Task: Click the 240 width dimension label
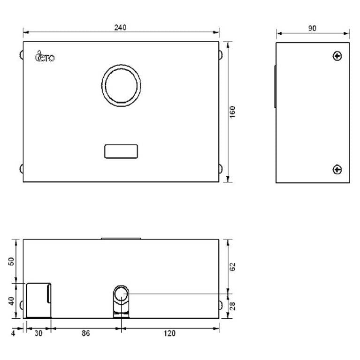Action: click(x=121, y=28)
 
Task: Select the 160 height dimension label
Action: click(x=233, y=112)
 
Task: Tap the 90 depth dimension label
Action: click(x=312, y=29)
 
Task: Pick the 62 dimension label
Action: click(x=233, y=266)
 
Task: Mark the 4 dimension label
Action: click(x=14, y=333)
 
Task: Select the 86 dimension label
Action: click(x=85, y=333)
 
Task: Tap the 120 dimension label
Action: click(x=169, y=333)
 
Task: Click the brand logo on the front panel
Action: click(x=45, y=57)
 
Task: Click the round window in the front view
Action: click(x=122, y=86)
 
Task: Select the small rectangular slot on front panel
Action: click(x=121, y=151)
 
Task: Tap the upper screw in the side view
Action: click(x=337, y=57)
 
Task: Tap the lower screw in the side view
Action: click(x=337, y=169)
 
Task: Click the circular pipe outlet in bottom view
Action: click(x=122, y=294)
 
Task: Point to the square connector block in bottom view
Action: click(x=38, y=300)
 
